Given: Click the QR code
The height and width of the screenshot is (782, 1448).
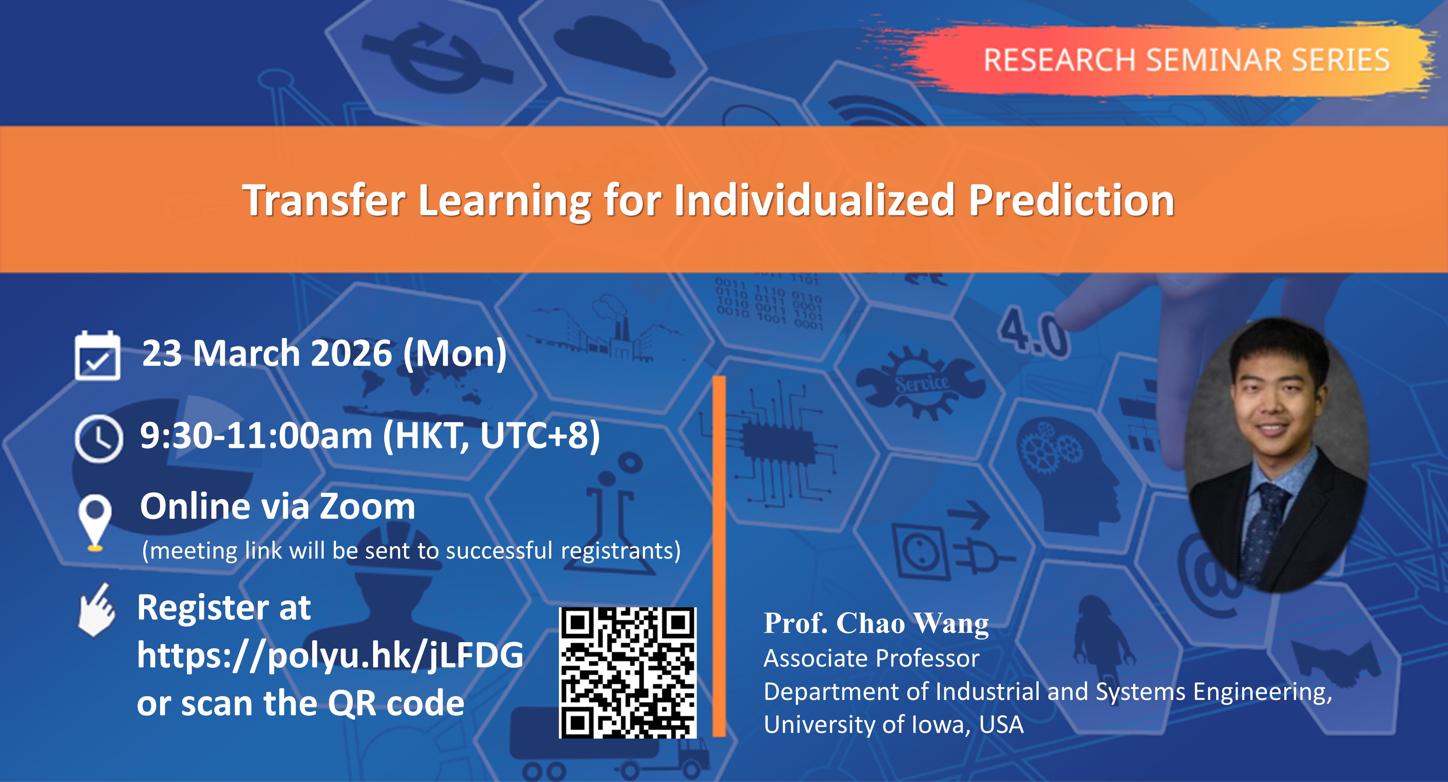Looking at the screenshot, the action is coord(628,673).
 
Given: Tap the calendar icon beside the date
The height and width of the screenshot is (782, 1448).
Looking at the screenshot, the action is coord(97,356).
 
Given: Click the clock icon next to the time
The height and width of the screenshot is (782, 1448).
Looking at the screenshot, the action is coord(98,438).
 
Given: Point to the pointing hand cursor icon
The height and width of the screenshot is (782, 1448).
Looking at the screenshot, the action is coord(97,610).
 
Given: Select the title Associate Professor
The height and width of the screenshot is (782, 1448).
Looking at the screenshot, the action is coord(871,658).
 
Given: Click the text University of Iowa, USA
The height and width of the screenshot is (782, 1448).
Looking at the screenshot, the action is coord(894,725).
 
